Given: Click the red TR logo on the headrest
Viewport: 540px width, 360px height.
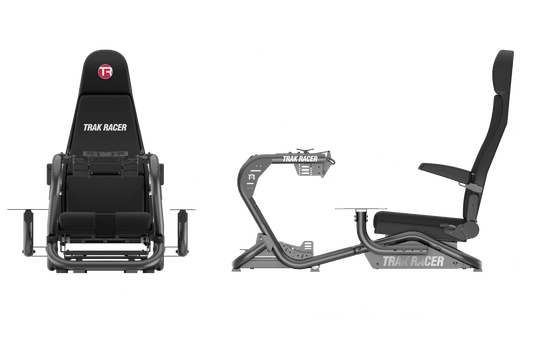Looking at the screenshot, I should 106,73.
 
